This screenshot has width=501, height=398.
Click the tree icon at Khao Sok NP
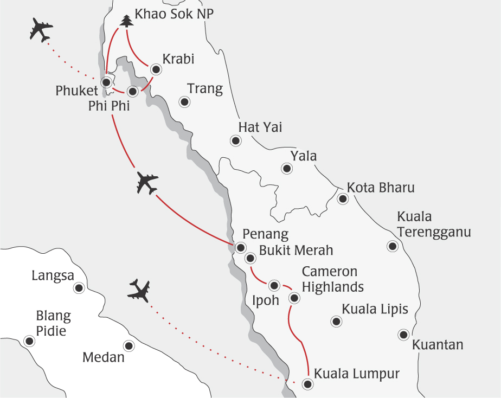(126, 21)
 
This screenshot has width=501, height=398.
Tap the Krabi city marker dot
(156, 69)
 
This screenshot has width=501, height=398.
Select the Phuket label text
(76, 91)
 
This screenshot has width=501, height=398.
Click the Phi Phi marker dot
(132, 91)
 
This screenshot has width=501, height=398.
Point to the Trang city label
(204, 89)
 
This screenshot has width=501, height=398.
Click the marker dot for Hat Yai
(235, 141)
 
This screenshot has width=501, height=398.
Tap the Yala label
(303, 157)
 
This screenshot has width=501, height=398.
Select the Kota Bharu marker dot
(343, 198)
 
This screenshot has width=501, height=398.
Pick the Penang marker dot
(240, 247)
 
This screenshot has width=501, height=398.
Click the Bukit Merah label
(296, 251)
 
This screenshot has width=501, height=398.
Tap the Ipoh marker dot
(274, 285)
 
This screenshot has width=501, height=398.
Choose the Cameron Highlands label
(332, 279)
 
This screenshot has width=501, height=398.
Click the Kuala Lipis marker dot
(336, 322)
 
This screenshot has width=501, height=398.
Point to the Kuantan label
(438, 345)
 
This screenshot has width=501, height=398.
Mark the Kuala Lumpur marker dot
(307, 384)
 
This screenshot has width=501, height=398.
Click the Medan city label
(104, 358)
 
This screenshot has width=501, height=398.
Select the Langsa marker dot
(80, 288)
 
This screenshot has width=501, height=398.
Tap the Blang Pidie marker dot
(29, 341)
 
